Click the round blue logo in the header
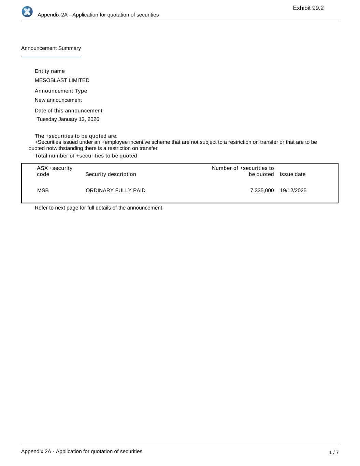[27, 12]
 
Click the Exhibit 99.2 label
[308, 8]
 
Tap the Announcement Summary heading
[51, 48]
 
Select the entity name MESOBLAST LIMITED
[62, 80]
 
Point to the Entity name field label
[50, 71]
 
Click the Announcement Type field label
[61, 91]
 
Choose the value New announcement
[58, 100]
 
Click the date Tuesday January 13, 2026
[68, 119]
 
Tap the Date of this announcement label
[69, 111]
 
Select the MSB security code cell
[43, 190]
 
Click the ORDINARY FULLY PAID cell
[115, 190]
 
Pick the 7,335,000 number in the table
[262, 190]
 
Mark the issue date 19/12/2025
[293, 190]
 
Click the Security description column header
[111, 174]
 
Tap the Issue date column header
[292, 174]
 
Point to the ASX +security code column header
[55, 171]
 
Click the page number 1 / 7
[334, 452]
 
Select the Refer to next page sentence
[98, 208]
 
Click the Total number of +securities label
[86, 156]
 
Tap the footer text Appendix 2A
[82, 451]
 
